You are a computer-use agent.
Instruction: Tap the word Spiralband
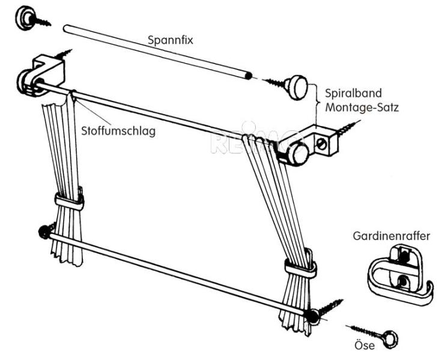click(x=353, y=94)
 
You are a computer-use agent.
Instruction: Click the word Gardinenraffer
click(x=391, y=236)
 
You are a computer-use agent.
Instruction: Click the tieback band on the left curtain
click(x=69, y=201)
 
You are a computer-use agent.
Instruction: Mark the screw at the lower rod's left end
click(x=45, y=231)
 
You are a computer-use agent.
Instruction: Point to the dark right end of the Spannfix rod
click(x=248, y=76)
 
